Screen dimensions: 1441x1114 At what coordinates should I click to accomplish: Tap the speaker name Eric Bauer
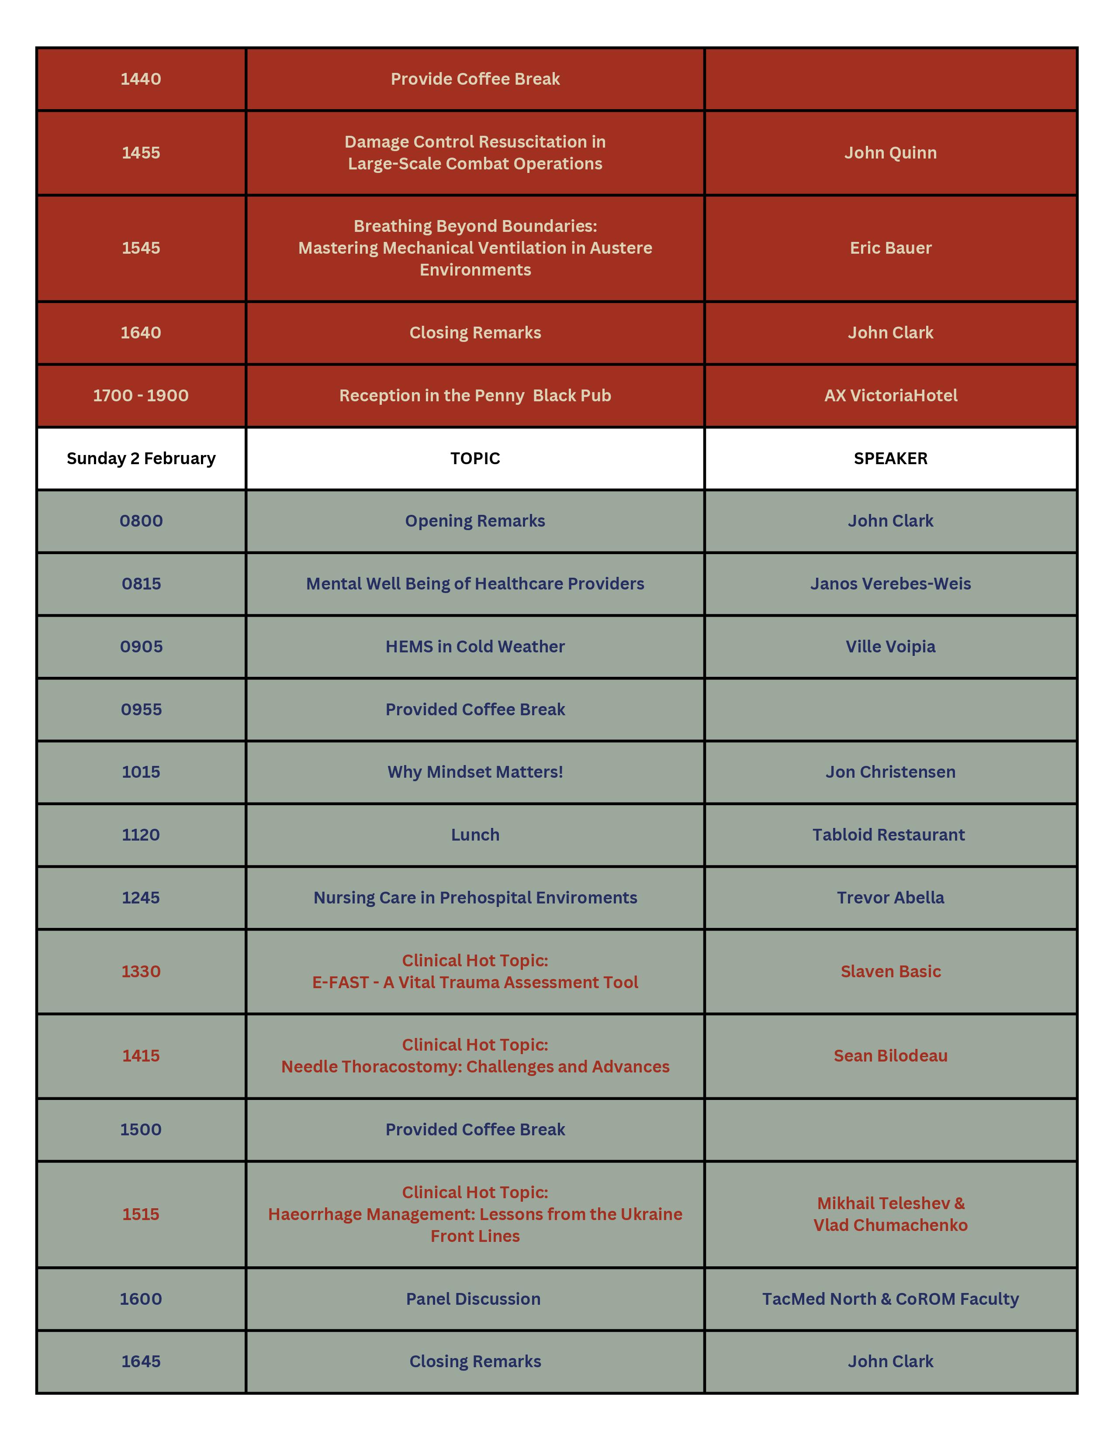coord(890,248)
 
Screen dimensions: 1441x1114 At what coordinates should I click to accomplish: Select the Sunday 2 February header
coord(141,458)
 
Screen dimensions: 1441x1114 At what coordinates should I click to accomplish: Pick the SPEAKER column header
coord(890,458)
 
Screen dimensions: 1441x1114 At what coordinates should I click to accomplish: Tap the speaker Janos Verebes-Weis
coord(890,584)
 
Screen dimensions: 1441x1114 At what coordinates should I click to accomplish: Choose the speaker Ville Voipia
coord(890,647)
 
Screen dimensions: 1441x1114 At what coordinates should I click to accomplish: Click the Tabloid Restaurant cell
coord(888,834)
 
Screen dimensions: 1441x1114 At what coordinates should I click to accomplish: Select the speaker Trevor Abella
coord(890,898)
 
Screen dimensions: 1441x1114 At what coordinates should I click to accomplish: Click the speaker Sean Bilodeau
coord(890,1056)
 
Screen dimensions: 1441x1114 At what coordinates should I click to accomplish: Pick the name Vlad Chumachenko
coord(890,1225)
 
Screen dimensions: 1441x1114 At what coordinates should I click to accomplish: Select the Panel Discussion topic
coord(473,1299)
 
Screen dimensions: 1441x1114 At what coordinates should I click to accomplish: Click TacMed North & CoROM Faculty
coord(890,1299)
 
